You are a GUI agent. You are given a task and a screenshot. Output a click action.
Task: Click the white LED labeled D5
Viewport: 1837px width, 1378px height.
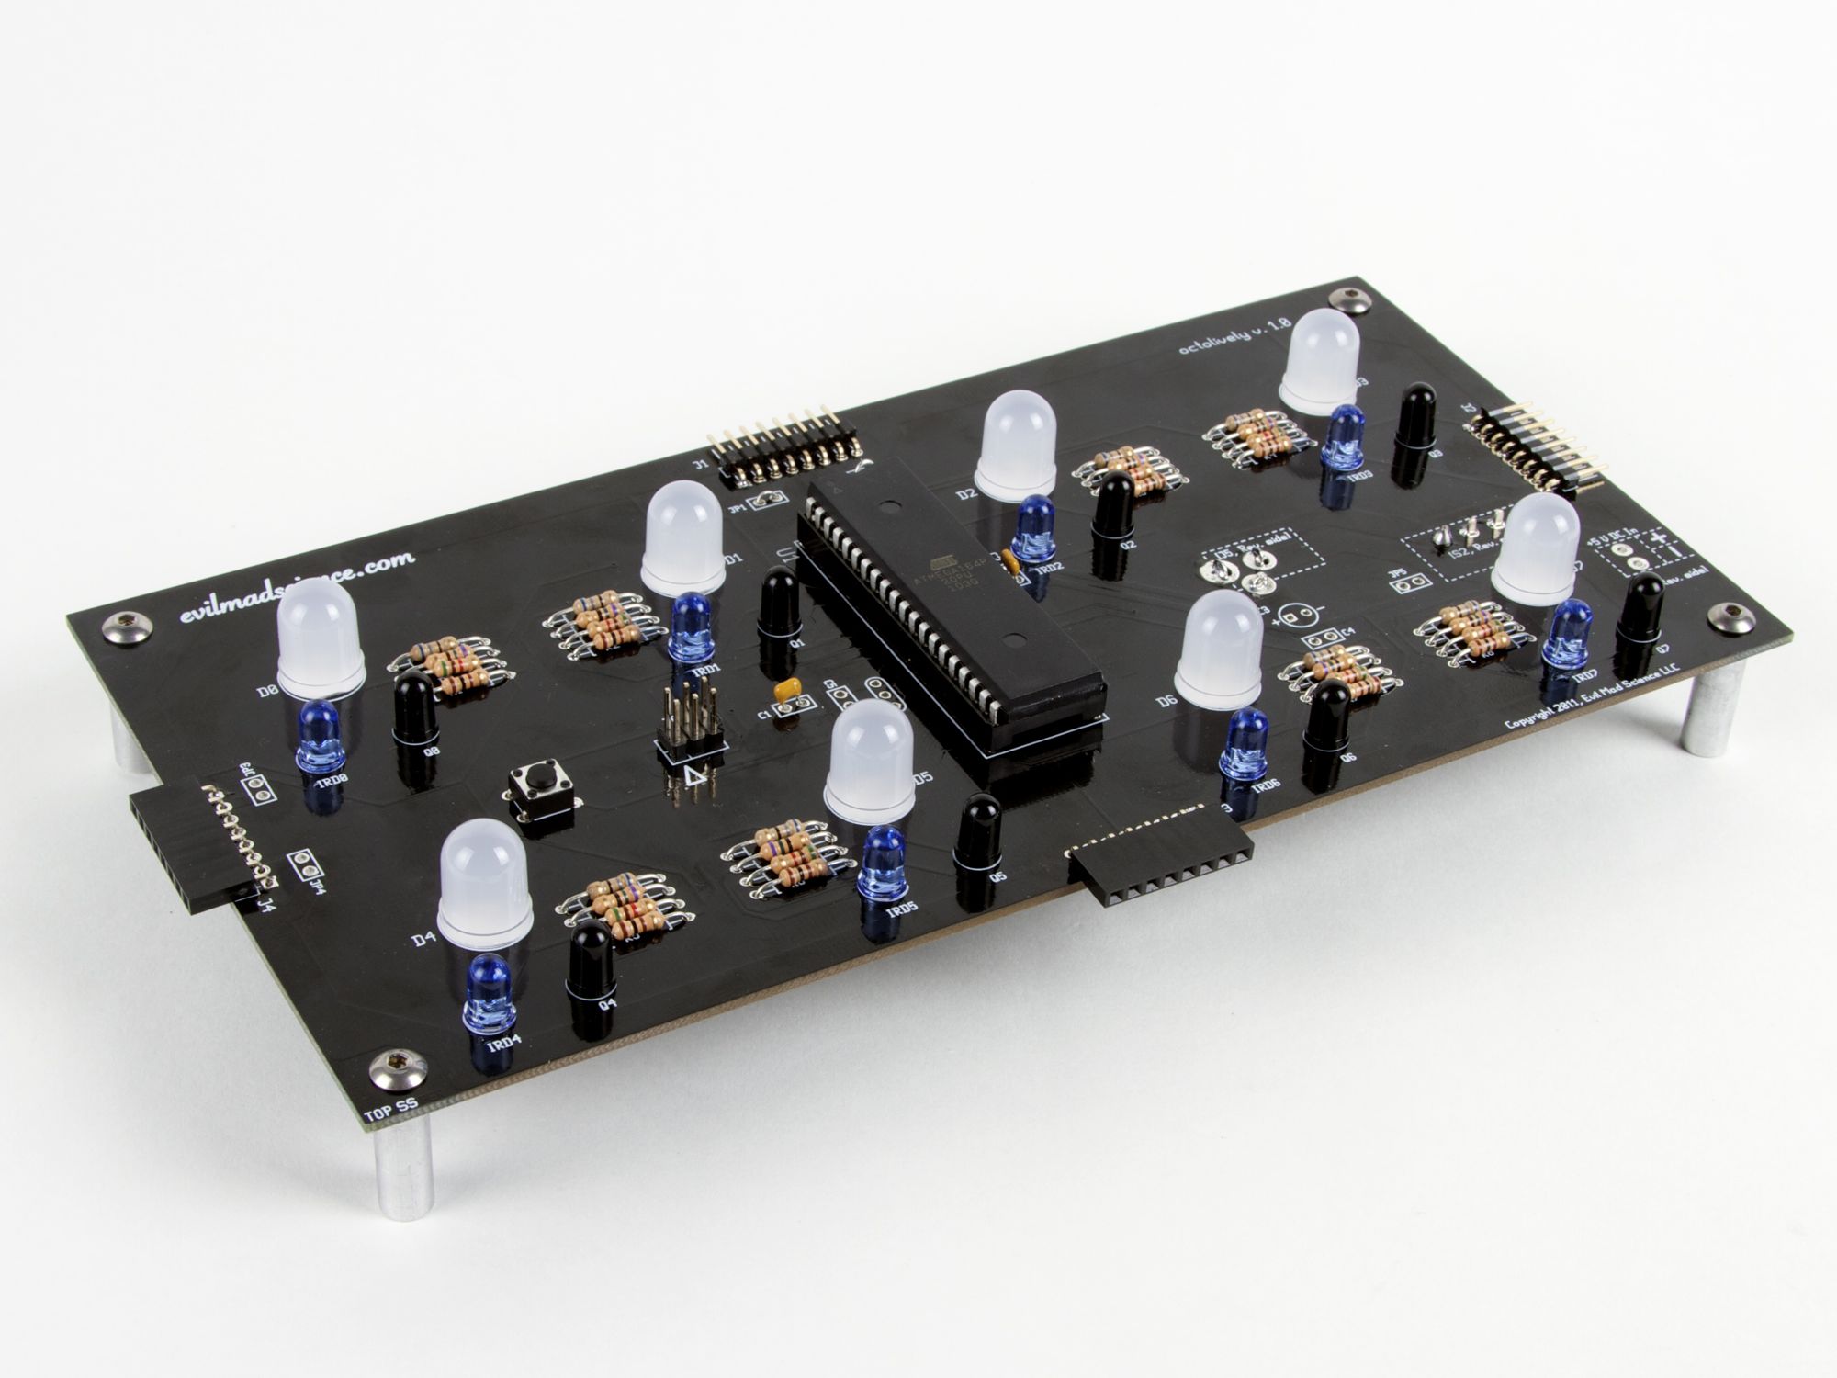click(868, 762)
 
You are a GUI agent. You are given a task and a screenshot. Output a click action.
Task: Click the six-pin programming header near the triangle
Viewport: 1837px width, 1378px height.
click(688, 726)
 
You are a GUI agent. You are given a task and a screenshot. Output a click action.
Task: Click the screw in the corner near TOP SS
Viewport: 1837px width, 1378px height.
click(384, 1068)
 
